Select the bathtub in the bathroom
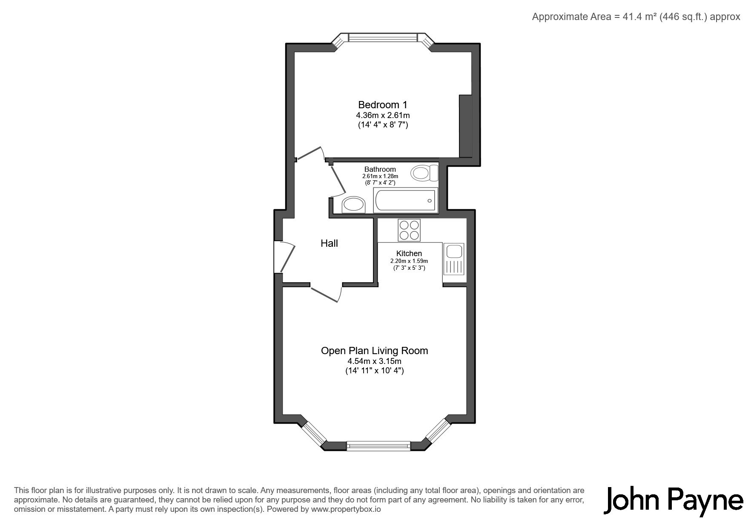[405, 201]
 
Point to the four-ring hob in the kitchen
[409, 230]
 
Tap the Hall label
[329, 243]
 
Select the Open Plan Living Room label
[374, 351]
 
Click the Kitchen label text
[409, 254]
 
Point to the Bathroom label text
[380, 169]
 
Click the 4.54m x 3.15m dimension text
[374, 361]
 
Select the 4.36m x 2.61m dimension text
[383, 115]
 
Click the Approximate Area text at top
[636, 17]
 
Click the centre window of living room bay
[378, 446]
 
